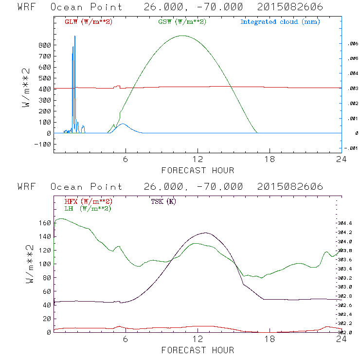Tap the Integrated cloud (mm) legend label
[280, 22]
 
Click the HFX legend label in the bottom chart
[88, 201]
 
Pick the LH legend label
[88, 208]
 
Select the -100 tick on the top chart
[42, 144]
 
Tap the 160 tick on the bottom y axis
[44, 223]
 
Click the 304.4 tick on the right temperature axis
[346, 223]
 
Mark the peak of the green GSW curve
[182, 36]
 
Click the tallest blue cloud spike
[75, 36]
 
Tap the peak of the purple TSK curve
[205, 233]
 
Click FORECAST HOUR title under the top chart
[198, 170]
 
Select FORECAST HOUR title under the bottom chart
[198, 350]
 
